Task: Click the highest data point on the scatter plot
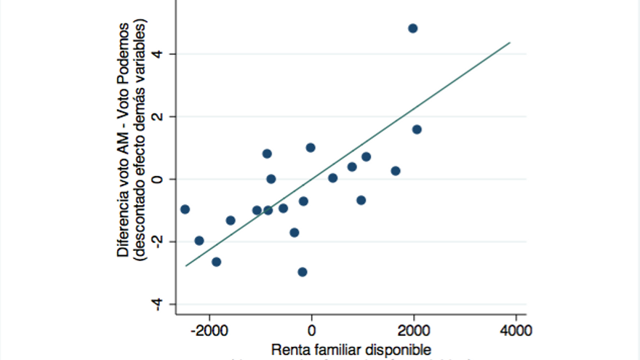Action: pos(413,28)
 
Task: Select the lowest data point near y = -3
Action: pos(303,272)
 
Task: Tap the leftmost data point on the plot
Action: pos(185,209)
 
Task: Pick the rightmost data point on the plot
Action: pos(417,129)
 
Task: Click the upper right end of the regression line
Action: pos(510,43)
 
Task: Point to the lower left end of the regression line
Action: pos(186,265)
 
